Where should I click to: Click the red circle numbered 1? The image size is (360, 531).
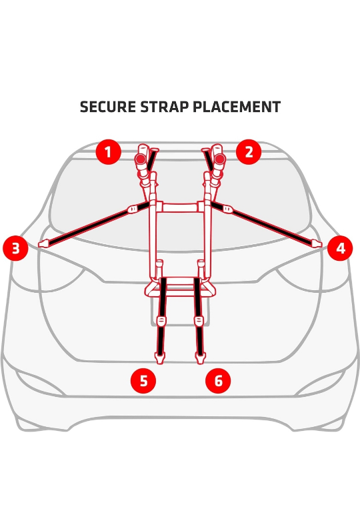(107, 152)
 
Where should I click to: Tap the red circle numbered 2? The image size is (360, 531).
(249, 152)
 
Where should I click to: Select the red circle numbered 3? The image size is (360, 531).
(15, 249)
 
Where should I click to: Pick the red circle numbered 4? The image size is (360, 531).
(340, 249)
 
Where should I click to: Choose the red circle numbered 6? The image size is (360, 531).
(218, 381)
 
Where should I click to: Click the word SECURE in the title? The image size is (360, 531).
(107, 107)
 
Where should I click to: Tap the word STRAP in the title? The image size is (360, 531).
(165, 107)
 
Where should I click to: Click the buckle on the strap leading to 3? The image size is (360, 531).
(133, 209)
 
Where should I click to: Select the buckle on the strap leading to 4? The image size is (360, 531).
(227, 209)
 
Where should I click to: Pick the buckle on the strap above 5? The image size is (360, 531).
(161, 321)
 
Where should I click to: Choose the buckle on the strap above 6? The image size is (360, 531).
(199, 321)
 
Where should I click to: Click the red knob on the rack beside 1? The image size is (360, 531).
(140, 159)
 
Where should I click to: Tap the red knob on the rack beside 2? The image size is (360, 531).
(219, 159)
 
